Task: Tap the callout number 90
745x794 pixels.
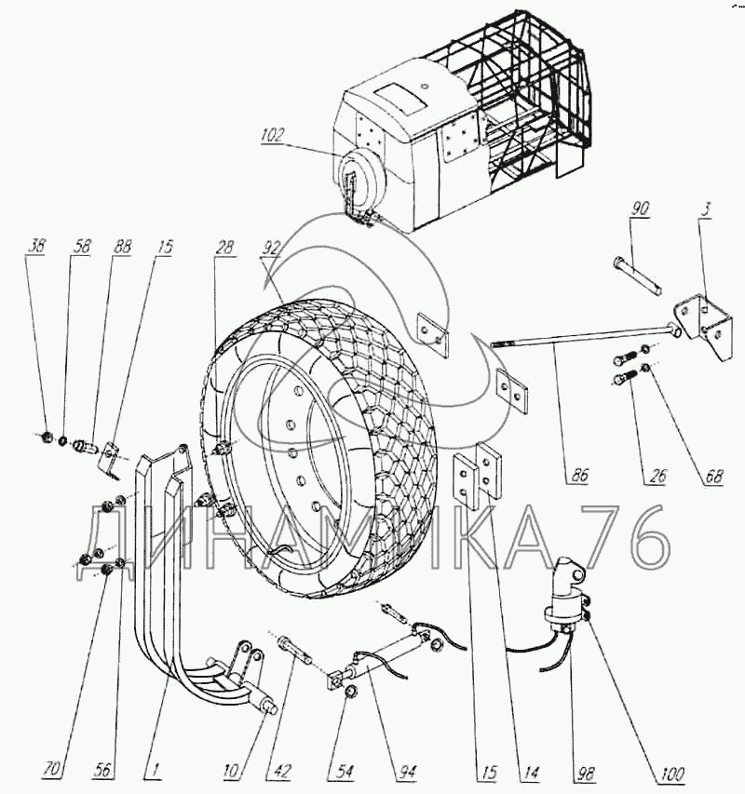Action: (640, 209)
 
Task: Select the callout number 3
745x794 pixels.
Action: (707, 209)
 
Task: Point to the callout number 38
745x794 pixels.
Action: (36, 246)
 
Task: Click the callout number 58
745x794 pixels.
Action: (81, 246)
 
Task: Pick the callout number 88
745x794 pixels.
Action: (122, 246)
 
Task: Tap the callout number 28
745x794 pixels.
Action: (224, 247)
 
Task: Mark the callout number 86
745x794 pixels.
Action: (580, 476)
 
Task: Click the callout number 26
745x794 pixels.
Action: (657, 476)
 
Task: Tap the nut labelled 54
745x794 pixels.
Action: (350, 692)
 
